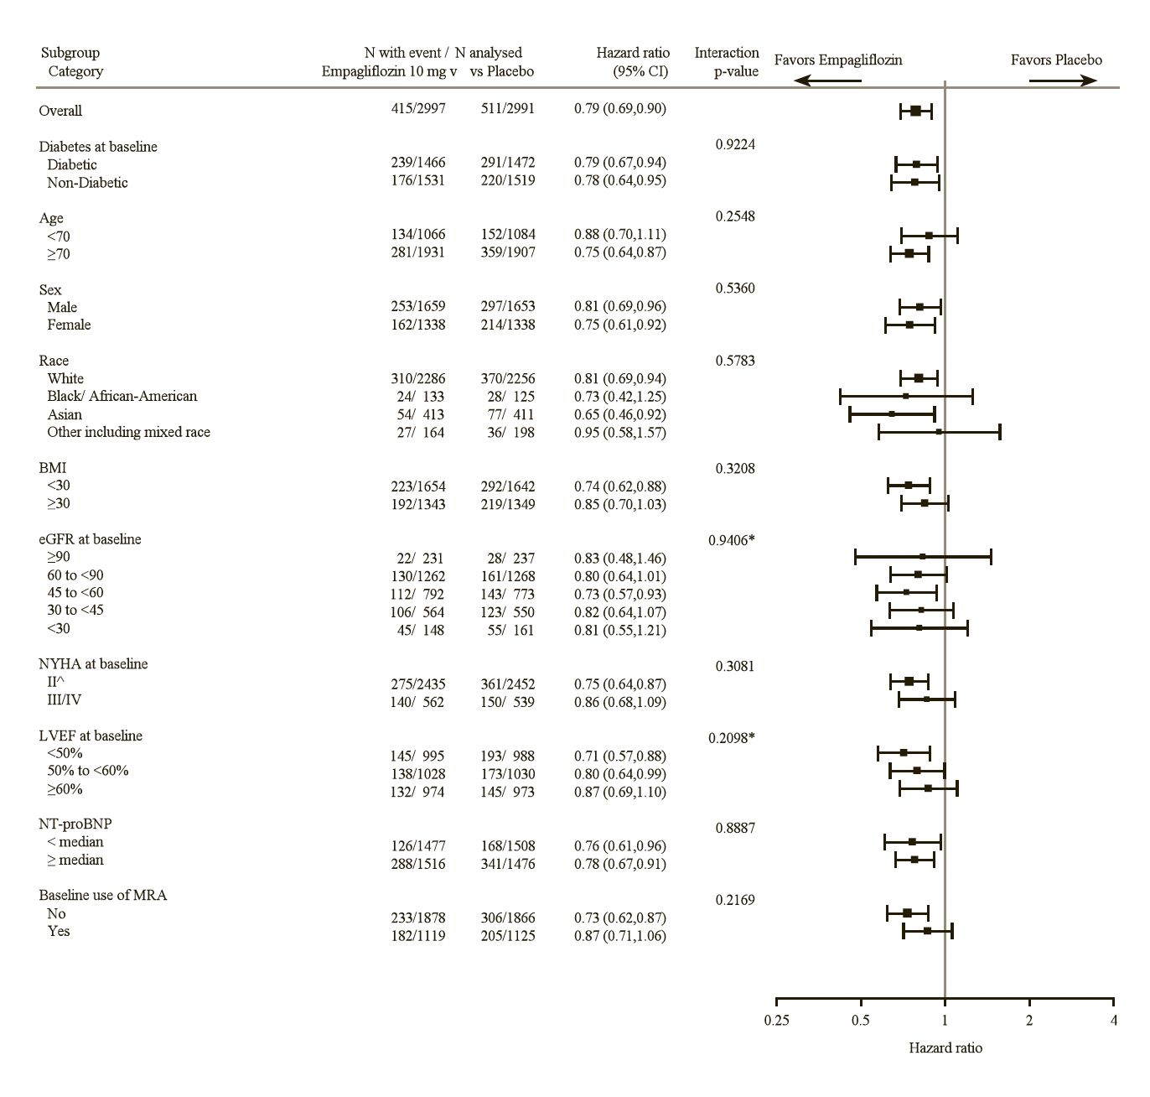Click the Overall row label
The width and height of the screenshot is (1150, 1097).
[x=60, y=111]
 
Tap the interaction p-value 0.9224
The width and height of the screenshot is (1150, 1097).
[x=735, y=144]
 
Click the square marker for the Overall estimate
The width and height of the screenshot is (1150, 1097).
[x=915, y=111]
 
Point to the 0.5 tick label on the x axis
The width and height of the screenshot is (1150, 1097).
[x=861, y=1021]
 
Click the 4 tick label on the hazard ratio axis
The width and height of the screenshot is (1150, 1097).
[x=1113, y=1021]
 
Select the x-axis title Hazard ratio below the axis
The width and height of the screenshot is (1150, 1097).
[x=945, y=1048]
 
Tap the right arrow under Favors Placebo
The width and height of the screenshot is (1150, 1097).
[x=1063, y=81]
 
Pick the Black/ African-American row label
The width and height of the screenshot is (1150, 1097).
[x=122, y=397]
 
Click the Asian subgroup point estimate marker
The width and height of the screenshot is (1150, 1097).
[x=892, y=413]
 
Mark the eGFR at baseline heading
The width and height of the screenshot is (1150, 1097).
[x=90, y=539]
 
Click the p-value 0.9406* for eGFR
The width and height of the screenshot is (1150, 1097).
[x=731, y=540]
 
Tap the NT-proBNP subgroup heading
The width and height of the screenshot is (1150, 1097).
[x=75, y=824]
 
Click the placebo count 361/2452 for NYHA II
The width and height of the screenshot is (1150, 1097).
[x=507, y=684]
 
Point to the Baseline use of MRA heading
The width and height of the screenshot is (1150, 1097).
[x=102, y=896]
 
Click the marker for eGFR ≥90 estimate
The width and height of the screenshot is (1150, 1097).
[x=922, y=556]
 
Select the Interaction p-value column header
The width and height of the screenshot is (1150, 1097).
[x=726, y=62]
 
